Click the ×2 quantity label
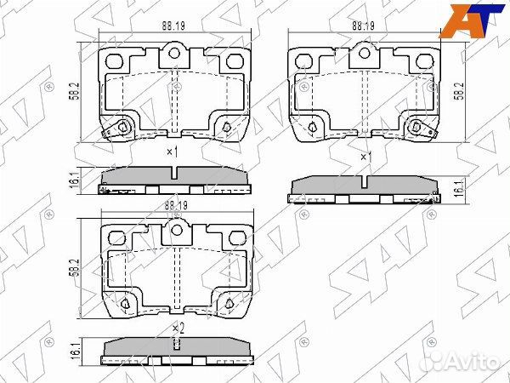click(x=177, y=328)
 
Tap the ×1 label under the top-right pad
click(x=365, y=157)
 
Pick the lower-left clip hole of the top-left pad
click(x=122, y=129)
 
